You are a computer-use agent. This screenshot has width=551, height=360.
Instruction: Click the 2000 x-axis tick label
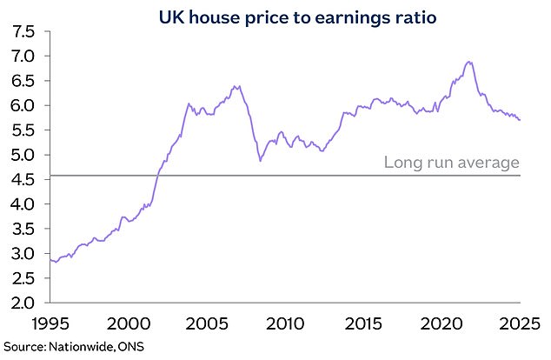pyautogui.click(x=127, y=324)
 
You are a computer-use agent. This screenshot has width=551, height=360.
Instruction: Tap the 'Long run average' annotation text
pyautogui.click(x=452, y=162)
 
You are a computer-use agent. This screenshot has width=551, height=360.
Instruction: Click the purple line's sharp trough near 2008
pyautogui.click(x=260, y=161)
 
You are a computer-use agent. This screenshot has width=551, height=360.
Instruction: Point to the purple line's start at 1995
pyautogui.click(x=49, y=259)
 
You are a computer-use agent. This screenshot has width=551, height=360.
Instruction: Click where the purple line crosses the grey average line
pyautogui.click(x=156, y=176)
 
